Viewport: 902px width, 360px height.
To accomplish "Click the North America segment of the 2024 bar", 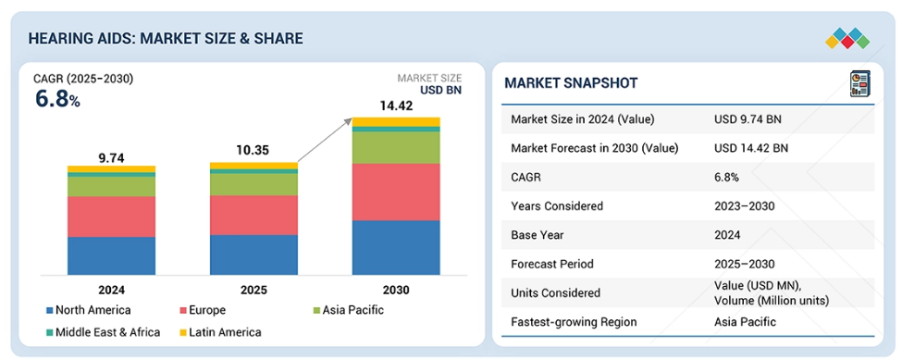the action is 111,255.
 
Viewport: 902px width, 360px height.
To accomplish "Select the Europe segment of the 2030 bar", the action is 396,192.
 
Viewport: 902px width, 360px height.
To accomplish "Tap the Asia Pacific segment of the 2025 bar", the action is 253,184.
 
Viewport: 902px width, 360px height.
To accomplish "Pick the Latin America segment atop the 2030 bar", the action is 396,121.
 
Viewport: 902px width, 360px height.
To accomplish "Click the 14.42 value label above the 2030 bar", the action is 396,106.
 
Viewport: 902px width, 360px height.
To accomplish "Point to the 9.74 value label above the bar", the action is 112,158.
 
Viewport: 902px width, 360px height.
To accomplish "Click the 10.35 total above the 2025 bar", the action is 253,152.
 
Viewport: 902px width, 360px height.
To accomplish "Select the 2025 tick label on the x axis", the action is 253,290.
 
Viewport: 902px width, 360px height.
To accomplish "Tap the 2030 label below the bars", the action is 396,290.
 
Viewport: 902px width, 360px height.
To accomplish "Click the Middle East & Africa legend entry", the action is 103,332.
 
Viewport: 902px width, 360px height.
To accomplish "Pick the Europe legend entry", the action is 203,311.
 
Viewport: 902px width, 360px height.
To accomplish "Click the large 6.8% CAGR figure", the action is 57,100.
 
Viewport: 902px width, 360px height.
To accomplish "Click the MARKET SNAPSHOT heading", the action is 571,82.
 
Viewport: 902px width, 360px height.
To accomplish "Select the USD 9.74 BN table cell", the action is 748,119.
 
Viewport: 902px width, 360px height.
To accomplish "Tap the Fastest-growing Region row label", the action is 574,321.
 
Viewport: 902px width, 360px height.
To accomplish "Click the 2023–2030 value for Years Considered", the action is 745,205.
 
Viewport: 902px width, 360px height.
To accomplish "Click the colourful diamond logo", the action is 847,39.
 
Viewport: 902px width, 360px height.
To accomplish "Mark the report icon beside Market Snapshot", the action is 860,83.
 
